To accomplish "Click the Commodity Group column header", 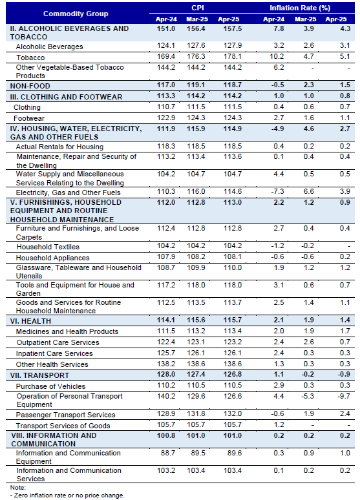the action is point(76,14).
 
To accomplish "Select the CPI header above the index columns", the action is point(198,8).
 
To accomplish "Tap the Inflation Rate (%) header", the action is point(300,8).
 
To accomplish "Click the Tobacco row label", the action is point(30,57).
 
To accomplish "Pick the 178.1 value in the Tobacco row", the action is point(233,56).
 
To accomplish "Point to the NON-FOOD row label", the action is point(30,86).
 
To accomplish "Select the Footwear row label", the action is point(29,118).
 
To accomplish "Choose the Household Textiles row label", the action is point(48,247).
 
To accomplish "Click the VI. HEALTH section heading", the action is point(30,321).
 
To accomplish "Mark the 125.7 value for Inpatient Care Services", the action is point(166,353).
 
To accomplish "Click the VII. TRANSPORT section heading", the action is point(39,375).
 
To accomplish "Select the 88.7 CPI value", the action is point(169,453).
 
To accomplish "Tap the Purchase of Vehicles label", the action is point(51,386).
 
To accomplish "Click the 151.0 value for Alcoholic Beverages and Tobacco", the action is point(166,28).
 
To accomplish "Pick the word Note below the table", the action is point(18,488).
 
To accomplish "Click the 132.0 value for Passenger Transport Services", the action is point(233,413).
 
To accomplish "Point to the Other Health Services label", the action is point(52,364).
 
